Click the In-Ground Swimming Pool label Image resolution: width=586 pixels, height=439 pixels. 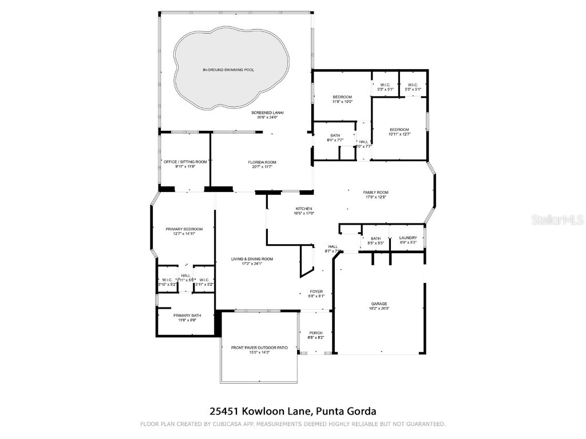coord(228,70)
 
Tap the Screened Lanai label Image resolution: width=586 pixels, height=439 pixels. coord(267,113)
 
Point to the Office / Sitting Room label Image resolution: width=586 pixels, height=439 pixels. coord(185,162)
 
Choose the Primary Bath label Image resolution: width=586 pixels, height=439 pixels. coord(188,316)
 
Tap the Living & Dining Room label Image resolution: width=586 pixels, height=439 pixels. coord(252,259)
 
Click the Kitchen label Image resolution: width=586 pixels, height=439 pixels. coord(303,209)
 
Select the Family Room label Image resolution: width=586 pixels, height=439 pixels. coord(376,193)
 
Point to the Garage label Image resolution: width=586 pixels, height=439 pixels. coord(379,304)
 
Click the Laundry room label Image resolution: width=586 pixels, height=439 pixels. coord(408,238)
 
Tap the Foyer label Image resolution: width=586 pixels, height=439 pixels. coord(316,291)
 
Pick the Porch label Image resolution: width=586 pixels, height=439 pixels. coord(316,333)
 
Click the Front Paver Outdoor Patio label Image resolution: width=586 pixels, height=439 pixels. coord(259,348)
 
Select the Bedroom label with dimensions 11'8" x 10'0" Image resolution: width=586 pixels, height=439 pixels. coord(342,97)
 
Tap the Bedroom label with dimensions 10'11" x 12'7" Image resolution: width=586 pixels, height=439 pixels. coord(399,129)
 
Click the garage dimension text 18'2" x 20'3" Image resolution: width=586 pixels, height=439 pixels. coord(379,309)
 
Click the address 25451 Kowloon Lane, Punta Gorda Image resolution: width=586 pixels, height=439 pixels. coord(292,411)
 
